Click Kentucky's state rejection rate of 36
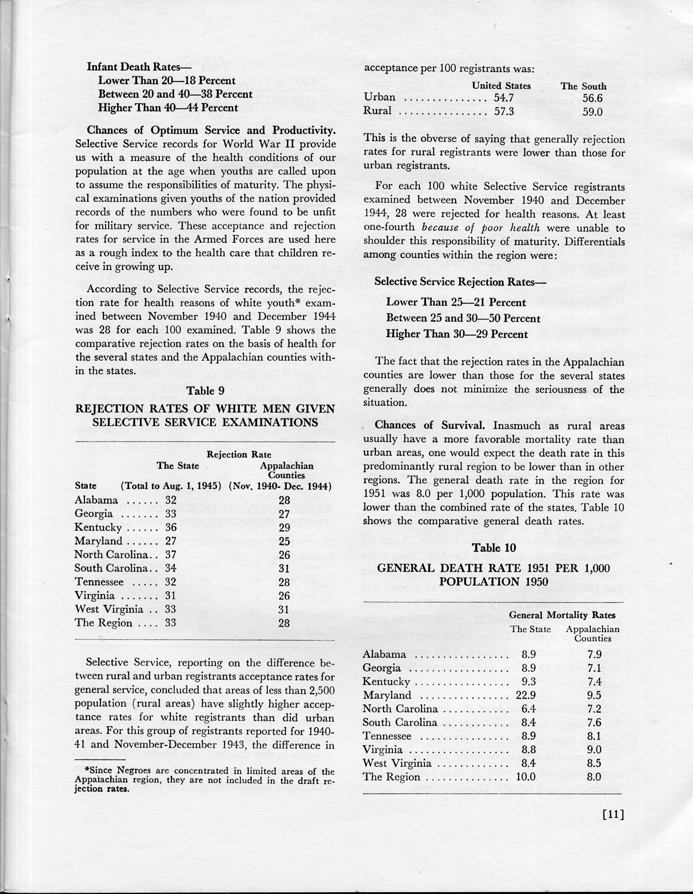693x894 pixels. [x=171, y=528]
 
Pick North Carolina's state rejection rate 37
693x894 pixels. [x=171, y=555]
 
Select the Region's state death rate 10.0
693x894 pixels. [x=525, y=777]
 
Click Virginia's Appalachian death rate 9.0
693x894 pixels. [x=594, y=750]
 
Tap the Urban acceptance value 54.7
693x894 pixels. [x=504, y=97]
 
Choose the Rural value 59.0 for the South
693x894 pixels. [x=593, y=112]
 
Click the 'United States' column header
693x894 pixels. [x=501, y=86]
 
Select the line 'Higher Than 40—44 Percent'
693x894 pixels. [x=167, y=107]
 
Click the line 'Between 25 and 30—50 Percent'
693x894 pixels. [x=463, y=318]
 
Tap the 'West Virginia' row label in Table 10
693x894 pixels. [x=397, y=763]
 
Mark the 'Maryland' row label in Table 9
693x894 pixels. [x=98, y=541]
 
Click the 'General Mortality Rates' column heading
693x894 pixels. [x=562, y=615]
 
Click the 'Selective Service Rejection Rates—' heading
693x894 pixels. [x=460, y=281]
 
